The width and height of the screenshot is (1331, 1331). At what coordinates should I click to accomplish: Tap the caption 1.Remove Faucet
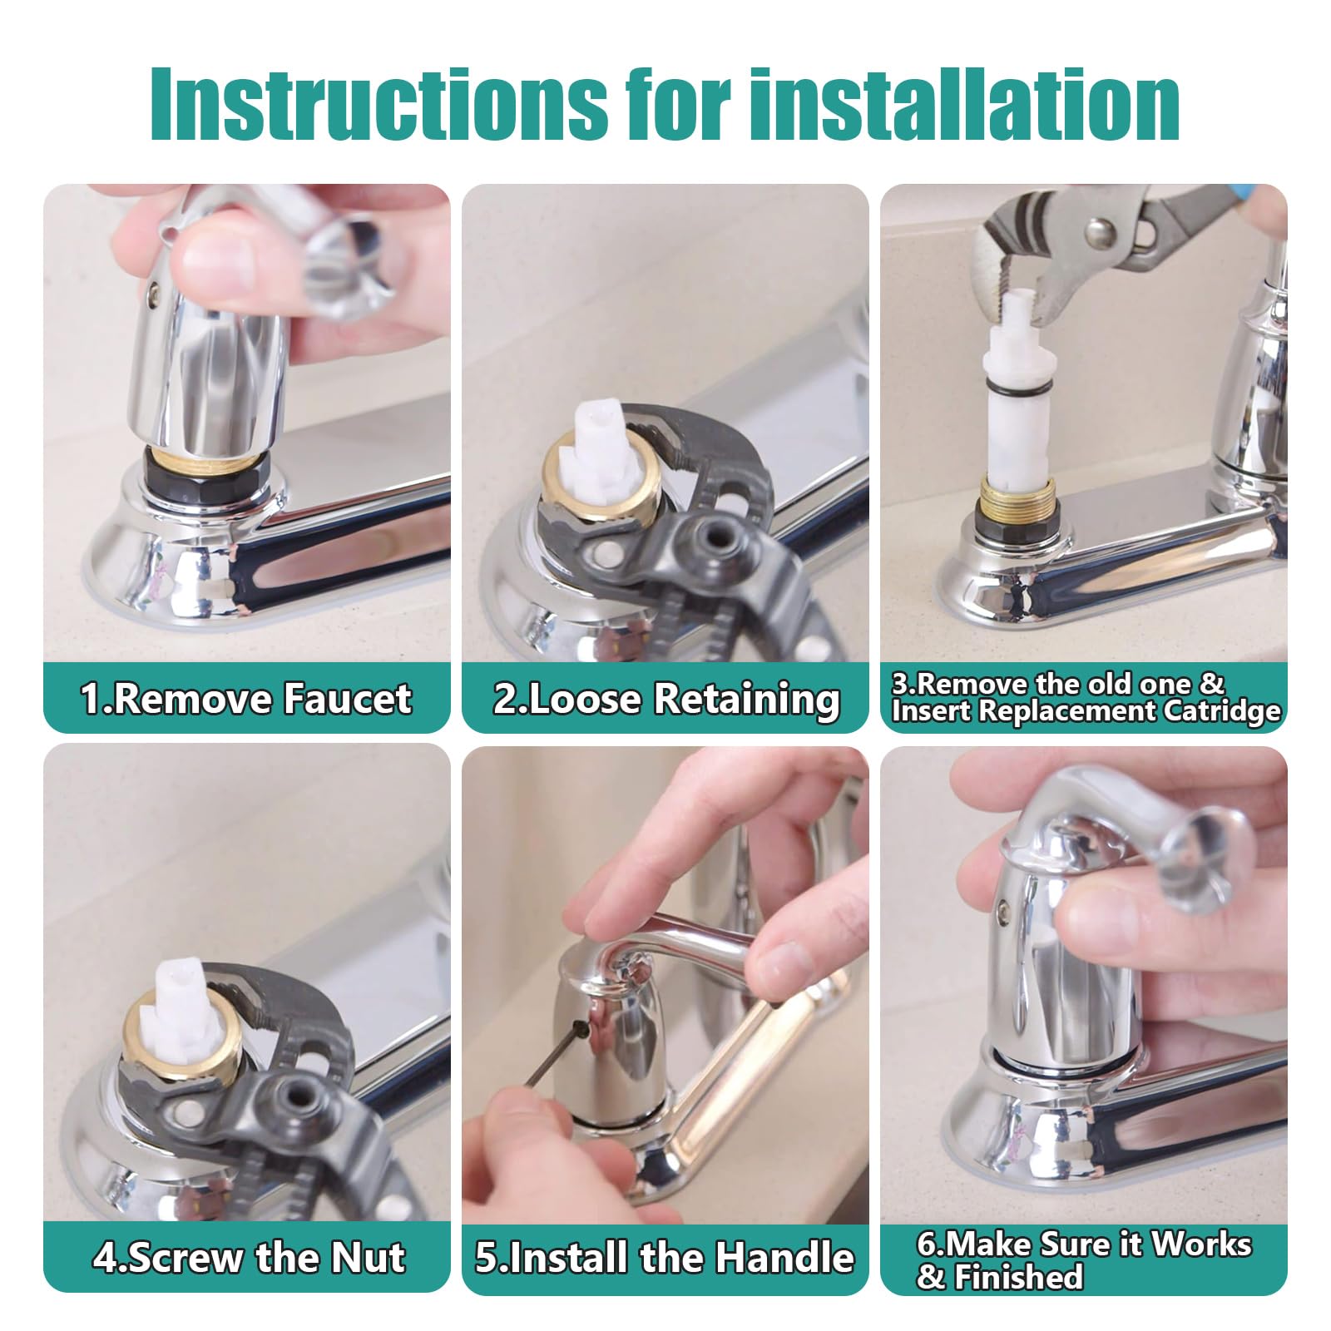coord(246,699)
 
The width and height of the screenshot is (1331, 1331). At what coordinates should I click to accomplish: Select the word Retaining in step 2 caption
coord(746,699)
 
